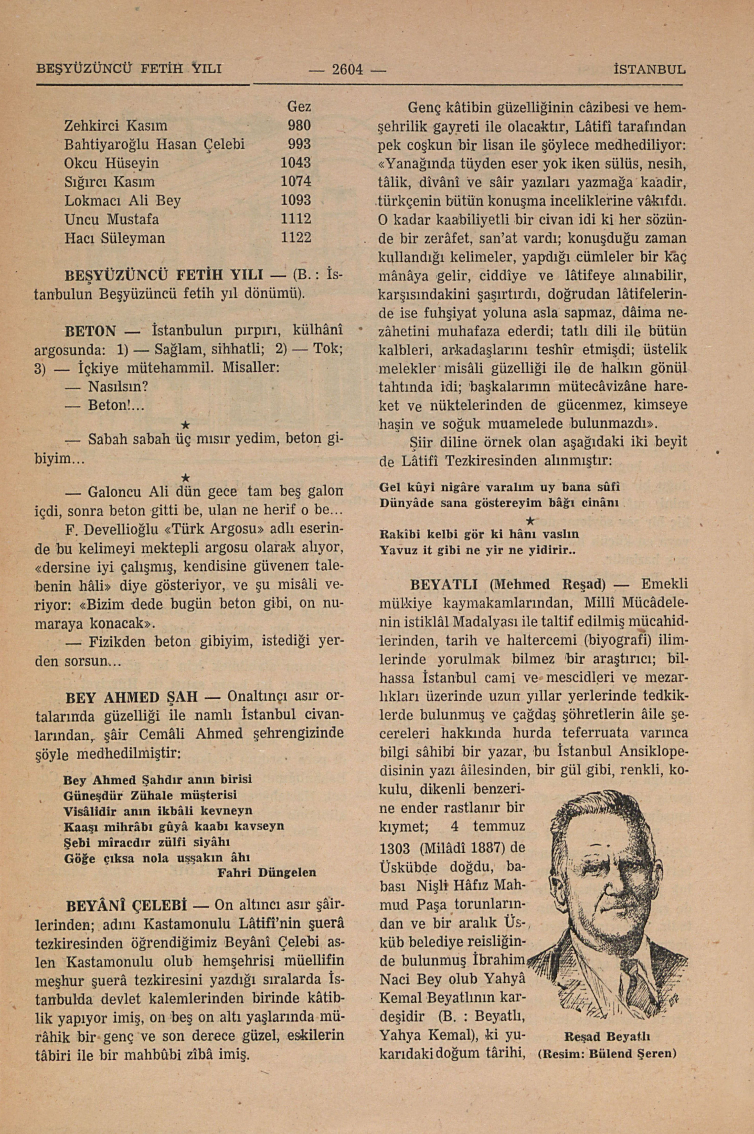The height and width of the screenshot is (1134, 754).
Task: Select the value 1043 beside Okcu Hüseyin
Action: (296, 163)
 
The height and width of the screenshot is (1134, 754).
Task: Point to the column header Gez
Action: (298, 107)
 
